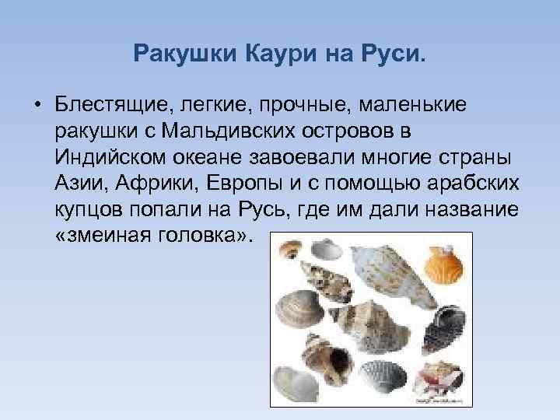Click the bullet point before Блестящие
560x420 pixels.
click(37, 105)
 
